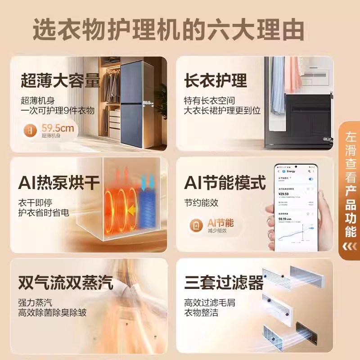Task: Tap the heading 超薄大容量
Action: (60, 81)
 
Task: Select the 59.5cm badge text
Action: (58, 128)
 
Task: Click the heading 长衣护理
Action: (216, 81)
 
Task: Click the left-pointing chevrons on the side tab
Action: (350, 246)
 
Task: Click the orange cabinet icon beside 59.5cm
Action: (30, 131)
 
